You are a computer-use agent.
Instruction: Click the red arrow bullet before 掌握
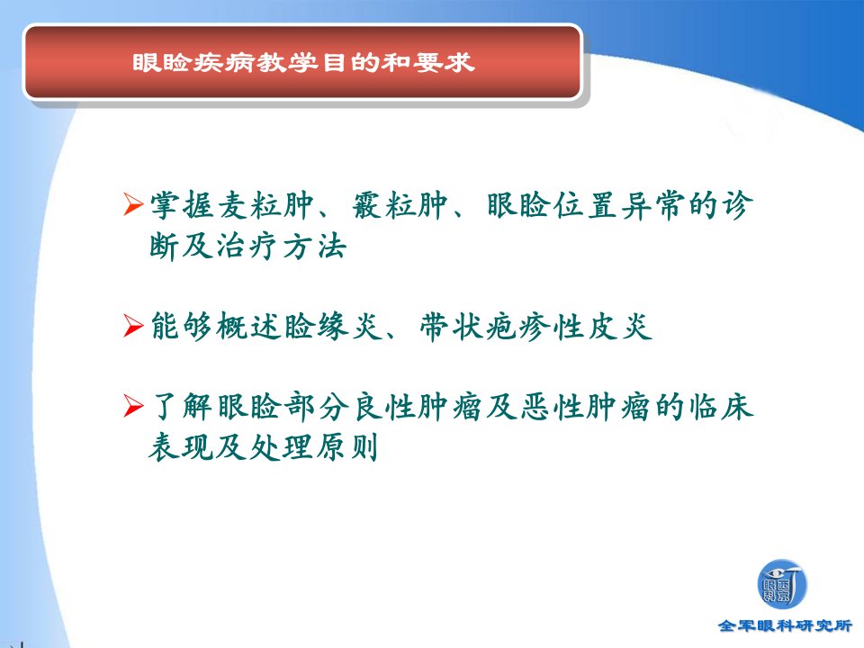pos(134,204)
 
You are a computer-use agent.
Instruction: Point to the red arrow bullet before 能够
pos(134,325)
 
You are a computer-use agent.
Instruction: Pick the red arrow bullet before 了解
pos(134,406)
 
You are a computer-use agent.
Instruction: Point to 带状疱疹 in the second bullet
pos(485,326)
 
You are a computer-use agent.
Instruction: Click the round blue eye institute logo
pos(782,585)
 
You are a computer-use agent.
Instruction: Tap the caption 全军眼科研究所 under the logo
pos(785,626)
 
